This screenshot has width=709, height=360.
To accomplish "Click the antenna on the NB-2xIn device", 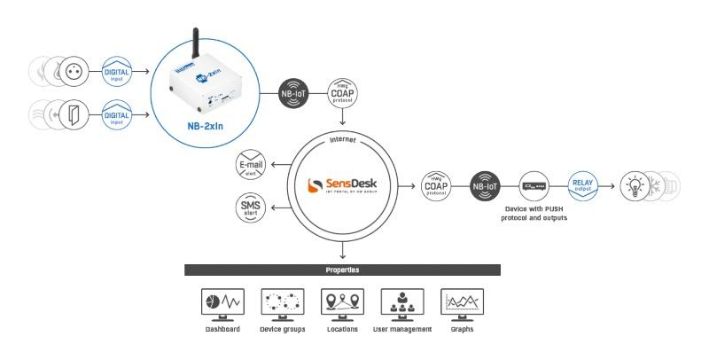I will coord(195,44).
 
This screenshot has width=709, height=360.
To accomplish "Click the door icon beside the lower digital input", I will coord(70,117).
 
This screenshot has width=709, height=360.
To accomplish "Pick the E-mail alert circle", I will coord(251,165).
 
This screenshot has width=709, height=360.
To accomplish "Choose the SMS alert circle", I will coord(251,207).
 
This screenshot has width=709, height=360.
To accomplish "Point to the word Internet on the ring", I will coord(341,140).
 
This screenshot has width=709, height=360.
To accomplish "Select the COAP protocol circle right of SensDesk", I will coord(436,186).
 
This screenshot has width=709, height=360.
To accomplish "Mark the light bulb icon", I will coord(636,186).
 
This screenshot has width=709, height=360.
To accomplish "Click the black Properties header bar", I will coord(342,270).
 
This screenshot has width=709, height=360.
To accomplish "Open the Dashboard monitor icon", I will coord(221,303).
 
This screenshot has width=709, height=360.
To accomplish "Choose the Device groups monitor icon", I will coord(282,303).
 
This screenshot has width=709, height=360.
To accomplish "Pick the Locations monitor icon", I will coord(341,303).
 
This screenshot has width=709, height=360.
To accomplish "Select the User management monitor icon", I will coord(401,303).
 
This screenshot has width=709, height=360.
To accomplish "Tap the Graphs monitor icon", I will coord(462,303).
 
